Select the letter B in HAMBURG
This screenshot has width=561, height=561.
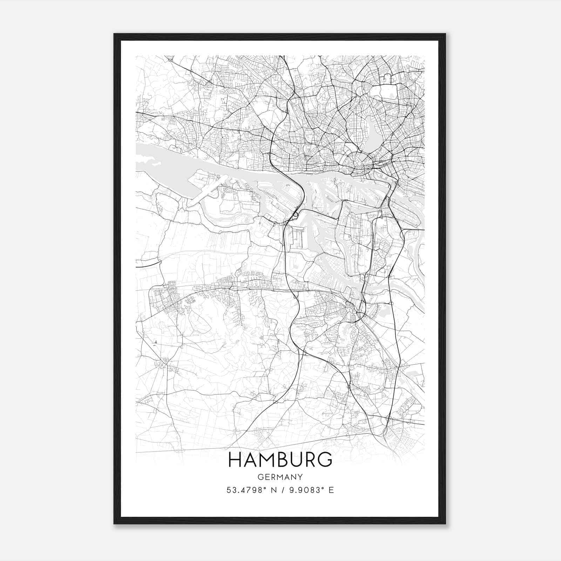click(283, 460)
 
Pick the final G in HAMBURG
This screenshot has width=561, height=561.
click(325, 460)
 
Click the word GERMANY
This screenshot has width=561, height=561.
click(280, 477)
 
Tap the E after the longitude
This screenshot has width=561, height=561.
click(331, 490)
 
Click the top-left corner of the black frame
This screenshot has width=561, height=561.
click(115, 34)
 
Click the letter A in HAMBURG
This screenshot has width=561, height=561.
click(250, 460)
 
